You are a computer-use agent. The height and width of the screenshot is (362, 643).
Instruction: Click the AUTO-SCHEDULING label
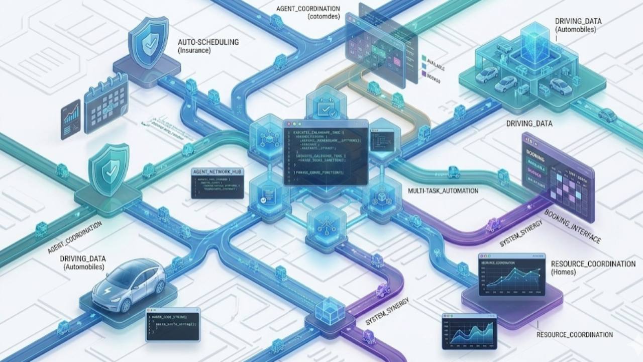pyautogui.click(x=207, y=43)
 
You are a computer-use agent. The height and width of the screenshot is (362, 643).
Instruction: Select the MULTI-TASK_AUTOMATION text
pyautogui.click(x=443, y=191)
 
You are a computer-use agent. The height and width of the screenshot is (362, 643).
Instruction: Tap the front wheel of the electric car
pyautogui.click(x=125, y=303)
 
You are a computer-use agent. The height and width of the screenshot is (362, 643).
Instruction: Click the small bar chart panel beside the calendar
pyautogui.click(x=70, y=119)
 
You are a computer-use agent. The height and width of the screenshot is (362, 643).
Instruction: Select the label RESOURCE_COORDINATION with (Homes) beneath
pyautogui.click(x=593, y=264)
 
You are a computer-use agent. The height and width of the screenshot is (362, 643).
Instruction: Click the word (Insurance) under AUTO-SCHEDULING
pyautogui.click(x=195, y=51)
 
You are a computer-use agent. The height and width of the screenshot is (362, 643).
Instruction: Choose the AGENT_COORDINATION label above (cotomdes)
pyautogui.click(x=308, y=9)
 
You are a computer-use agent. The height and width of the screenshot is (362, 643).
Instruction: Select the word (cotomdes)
pyautogui.click(x=324, y=17)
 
